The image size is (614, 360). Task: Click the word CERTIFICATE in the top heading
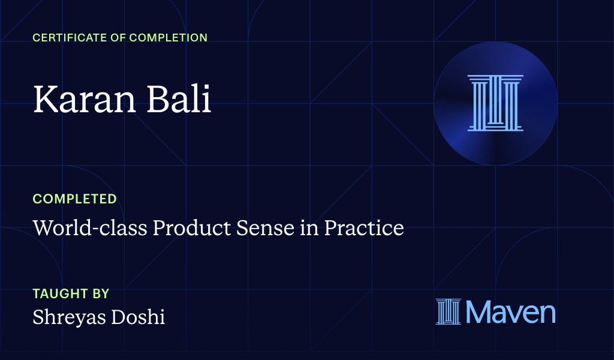[67, 38]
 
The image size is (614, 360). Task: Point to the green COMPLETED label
[74, 199]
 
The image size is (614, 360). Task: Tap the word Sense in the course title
[233, 228]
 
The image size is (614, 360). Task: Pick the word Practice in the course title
[364, 228]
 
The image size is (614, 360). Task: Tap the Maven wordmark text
[510, 312]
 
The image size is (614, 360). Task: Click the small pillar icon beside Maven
[449, 312]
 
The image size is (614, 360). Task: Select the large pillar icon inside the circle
[495, 103]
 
